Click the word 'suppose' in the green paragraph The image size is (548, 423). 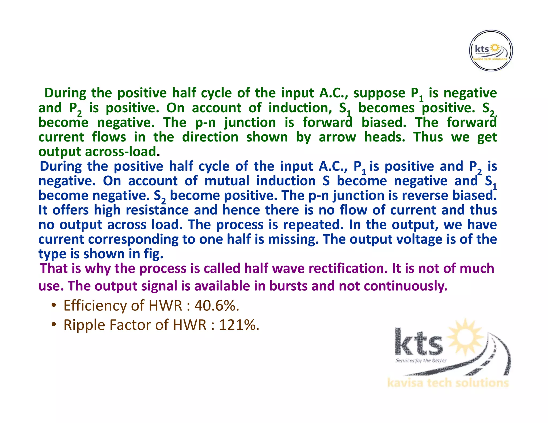[x=379, y=93]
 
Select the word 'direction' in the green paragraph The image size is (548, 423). [x=210, y=137]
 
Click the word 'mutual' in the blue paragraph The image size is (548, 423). [x=227, y=181]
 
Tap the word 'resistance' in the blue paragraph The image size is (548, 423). [x=157, y=210]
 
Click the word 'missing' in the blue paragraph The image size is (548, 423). [x=293, y=239]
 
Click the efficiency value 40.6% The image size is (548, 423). [x=216, y=306]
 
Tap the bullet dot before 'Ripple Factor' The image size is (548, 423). [x=54, y=324]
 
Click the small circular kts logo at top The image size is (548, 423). [x=491, y=51]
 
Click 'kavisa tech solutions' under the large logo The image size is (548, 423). [x=448, y=383]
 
